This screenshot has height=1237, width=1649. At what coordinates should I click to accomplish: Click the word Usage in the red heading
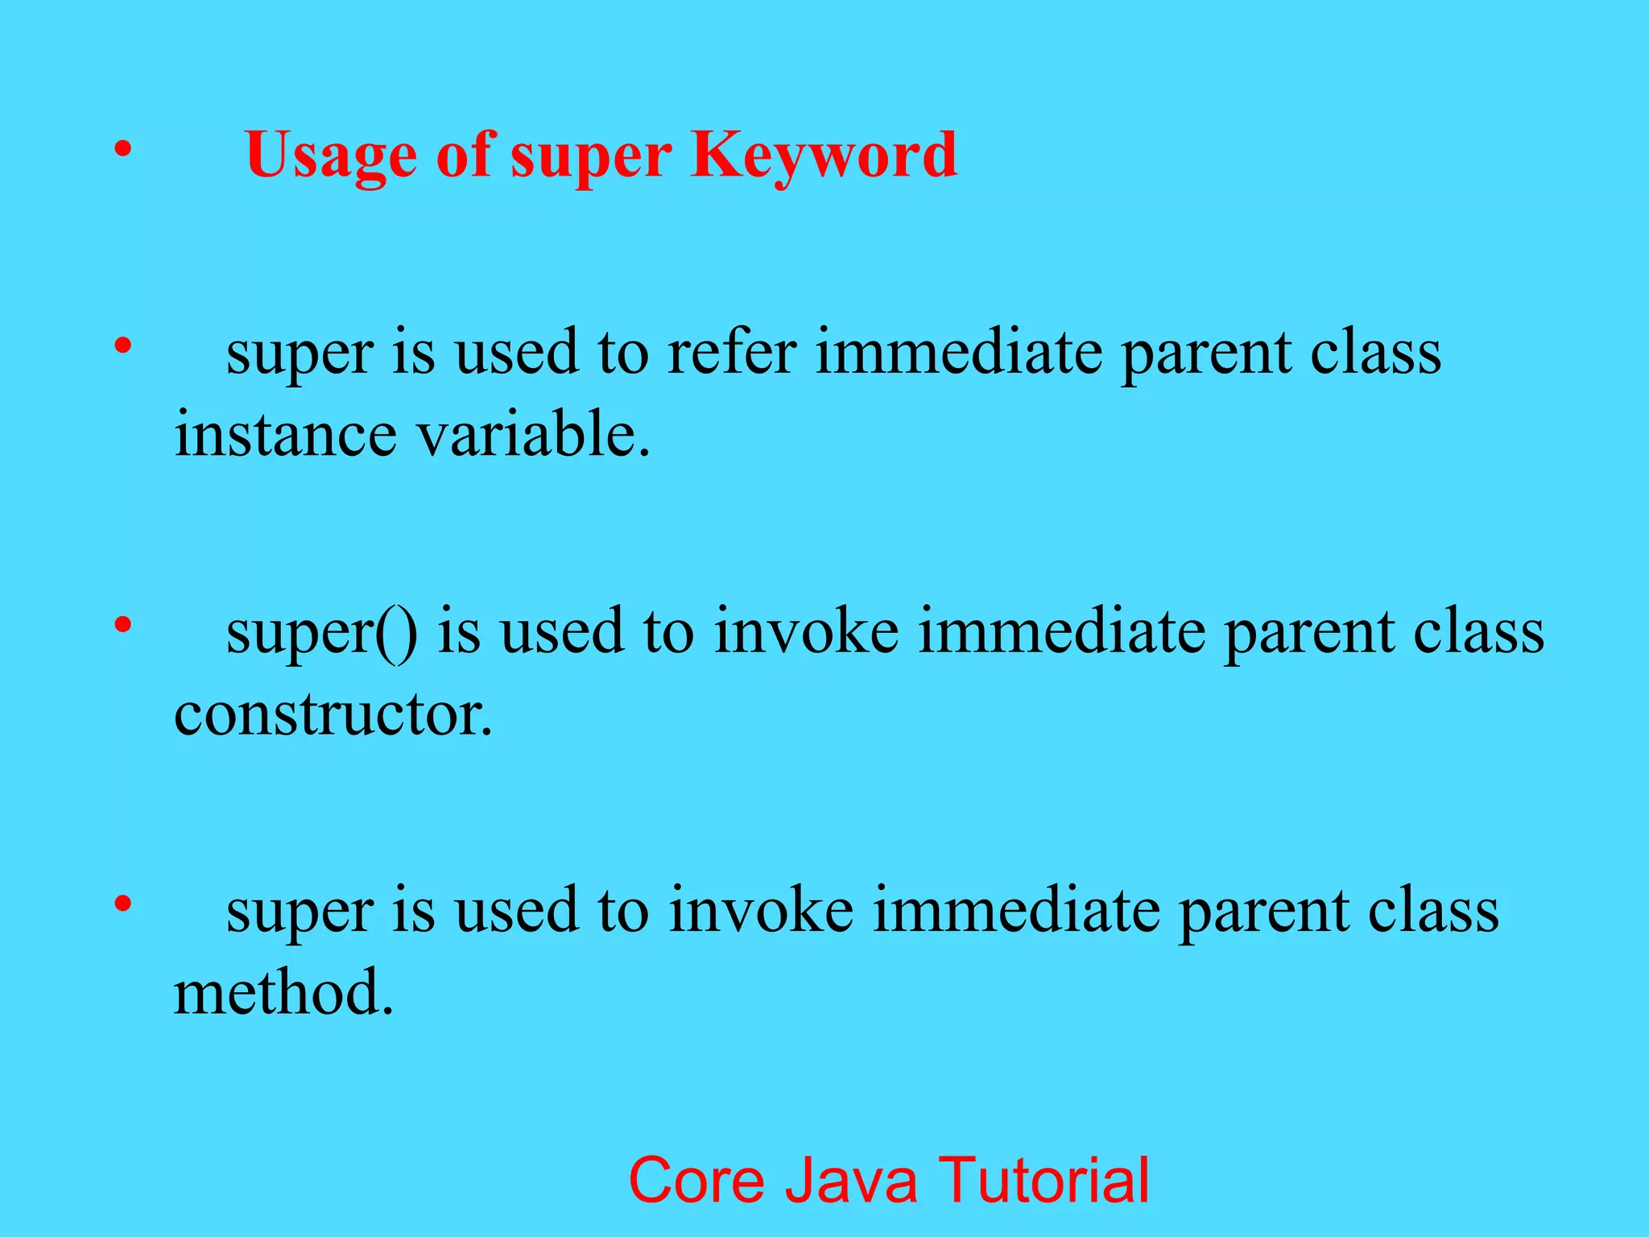click(x=331, y=155)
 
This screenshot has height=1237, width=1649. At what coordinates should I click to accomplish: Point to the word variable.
click(x=532, y=435)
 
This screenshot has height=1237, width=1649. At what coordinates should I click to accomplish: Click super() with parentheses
click(x=321, y=632)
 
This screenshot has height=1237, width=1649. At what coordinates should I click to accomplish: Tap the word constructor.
click(x=333, y=714)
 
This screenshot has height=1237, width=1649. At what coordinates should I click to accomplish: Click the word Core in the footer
click(x=696, y=1181)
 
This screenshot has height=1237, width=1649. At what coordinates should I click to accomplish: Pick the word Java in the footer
click(x=851, y=1181)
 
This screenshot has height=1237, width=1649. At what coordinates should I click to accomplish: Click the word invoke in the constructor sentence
click(x=806, y=632)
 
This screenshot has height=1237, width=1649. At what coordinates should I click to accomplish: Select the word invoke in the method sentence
click(x=761, y=911)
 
